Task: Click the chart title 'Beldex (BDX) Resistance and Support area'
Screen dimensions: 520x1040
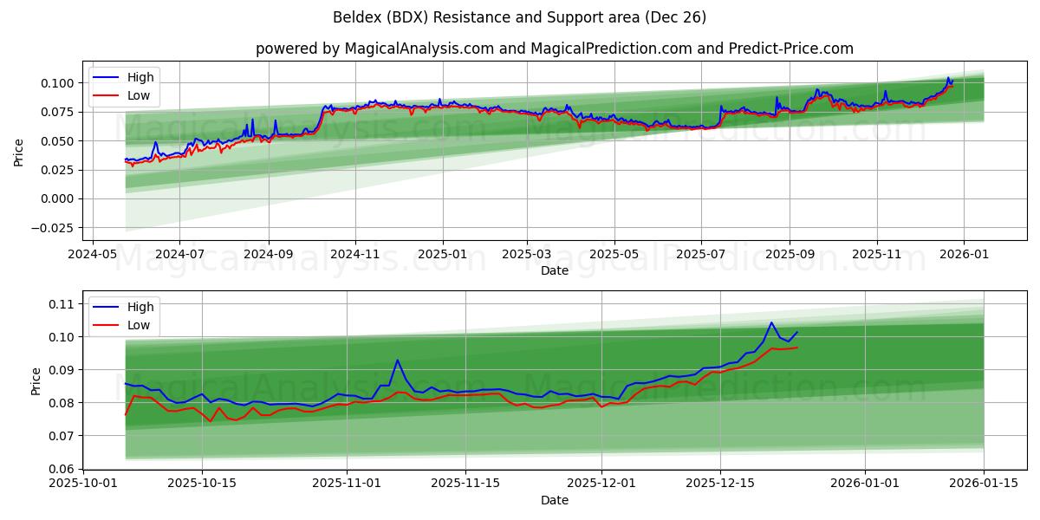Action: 519,17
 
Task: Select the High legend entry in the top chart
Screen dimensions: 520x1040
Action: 140,77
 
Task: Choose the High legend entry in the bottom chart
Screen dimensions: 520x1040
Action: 140,307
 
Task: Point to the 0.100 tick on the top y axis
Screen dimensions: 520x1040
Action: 59,83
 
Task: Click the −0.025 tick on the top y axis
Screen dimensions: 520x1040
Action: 53,228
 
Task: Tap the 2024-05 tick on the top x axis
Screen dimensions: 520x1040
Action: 92,255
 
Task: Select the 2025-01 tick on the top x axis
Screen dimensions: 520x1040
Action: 443,255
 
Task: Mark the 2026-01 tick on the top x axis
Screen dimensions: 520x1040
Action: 964,255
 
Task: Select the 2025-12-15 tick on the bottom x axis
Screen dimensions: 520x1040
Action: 720,484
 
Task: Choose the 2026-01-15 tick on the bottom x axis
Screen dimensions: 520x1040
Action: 984,484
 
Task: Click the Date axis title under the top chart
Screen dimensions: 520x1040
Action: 554,270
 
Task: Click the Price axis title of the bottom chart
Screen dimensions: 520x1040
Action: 36,381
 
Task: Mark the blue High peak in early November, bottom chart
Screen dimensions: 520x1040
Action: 398,360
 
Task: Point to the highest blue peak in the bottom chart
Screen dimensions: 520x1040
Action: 771,322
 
